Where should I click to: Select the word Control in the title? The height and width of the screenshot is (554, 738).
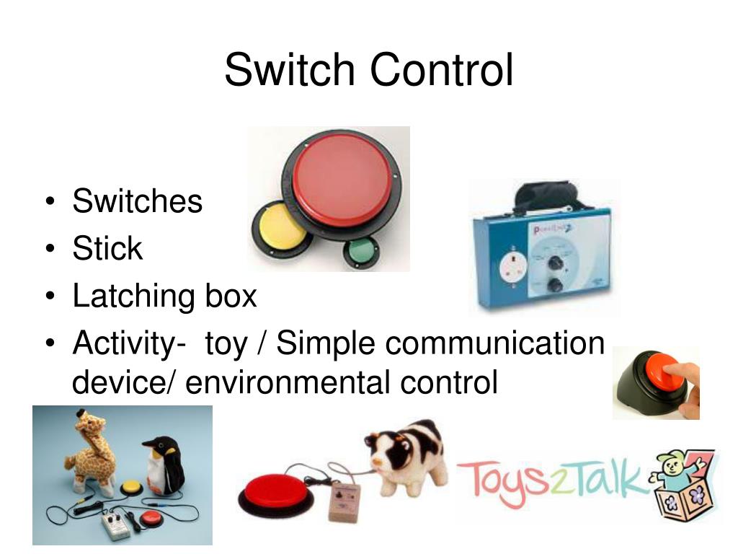click(x=442, y=71)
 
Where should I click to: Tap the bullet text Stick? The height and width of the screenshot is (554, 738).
click(x=107, y=249)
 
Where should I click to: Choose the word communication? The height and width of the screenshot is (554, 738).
click(x=494, y=343)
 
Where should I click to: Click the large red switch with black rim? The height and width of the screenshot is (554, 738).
click(x=341, y=180)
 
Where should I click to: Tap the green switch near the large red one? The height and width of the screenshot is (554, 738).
click(x=358, y=252)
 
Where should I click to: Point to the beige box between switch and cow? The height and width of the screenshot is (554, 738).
click(x=344, y=501)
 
